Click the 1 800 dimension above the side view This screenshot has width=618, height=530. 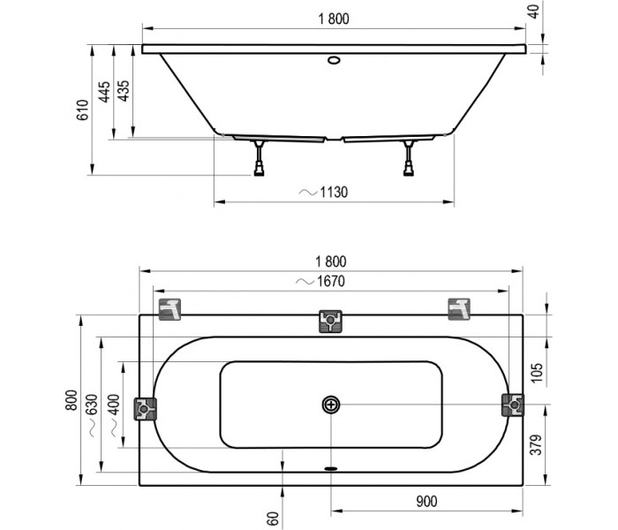(x=334, y=19)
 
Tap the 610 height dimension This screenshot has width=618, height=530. (x=83, y=110)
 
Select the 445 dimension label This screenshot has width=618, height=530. (x=104, y=92)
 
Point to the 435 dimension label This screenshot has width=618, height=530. (x=124, y=91)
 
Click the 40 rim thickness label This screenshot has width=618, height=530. (x=533, y=11)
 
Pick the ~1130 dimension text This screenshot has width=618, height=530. (x=323, y=192)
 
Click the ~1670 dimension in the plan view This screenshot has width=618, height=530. (x=320, y=281)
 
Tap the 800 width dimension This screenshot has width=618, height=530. (x=72, y=400)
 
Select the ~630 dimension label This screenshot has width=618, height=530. (x=92, y=415)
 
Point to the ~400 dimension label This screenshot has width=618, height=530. (x=114, y=415)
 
